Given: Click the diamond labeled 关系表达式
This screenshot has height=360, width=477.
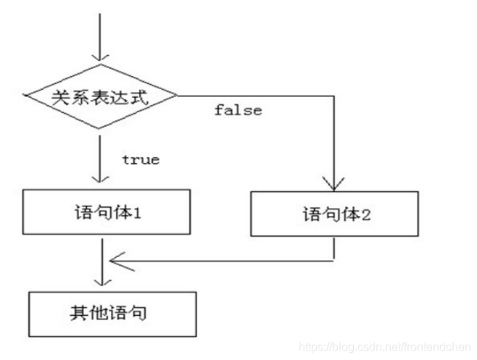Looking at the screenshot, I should coord(101,96).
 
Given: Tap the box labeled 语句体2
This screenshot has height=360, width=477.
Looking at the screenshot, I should coord(333,215).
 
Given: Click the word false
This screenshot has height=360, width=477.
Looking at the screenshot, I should coord(238,111).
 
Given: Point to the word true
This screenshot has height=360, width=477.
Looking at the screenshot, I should coord(141,159).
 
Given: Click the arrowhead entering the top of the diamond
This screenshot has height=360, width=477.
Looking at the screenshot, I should coord(101,56).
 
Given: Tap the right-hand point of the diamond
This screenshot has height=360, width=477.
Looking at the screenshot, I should coord(178,96).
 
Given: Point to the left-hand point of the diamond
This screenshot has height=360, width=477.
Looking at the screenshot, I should coord(24,96).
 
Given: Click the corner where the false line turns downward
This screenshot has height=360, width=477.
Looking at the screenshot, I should coord(333,96).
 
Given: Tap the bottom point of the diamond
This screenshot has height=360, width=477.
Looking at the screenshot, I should coord(101,129).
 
